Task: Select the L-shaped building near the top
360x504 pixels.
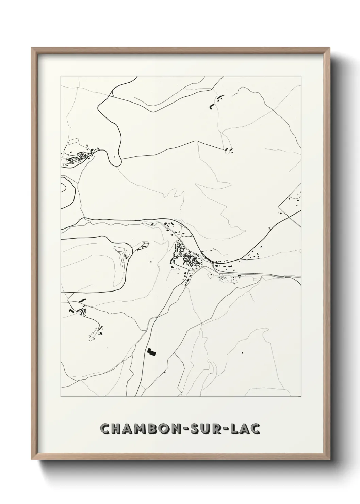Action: pyautogui.click(x=212, y=107)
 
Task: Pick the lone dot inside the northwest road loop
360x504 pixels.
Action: pyautogui.click(x=115, y=157)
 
